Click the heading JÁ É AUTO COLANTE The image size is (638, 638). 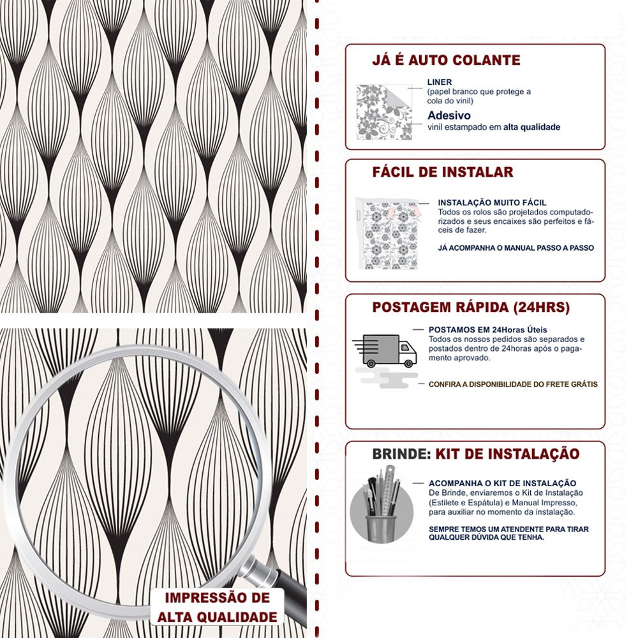click(446, 61)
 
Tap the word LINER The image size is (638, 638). click(440, 82)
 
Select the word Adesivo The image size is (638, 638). click(449, 115)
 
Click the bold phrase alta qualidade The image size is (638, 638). click(531, 128)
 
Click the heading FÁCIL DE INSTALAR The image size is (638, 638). click(443, 172)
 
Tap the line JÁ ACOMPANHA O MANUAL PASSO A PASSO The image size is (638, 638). click(516, 248)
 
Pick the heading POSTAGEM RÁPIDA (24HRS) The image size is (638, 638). click(471, 307)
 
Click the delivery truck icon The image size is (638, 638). click(385, 351)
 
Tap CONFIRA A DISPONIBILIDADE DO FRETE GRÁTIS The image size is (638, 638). click(513, 385)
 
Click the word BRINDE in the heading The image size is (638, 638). click(399, 454)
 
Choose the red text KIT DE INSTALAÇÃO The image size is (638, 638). click(507, 454)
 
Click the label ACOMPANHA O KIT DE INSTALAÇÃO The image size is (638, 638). click(502, 484)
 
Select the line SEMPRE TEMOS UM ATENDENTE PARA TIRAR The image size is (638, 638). click(508, 530)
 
